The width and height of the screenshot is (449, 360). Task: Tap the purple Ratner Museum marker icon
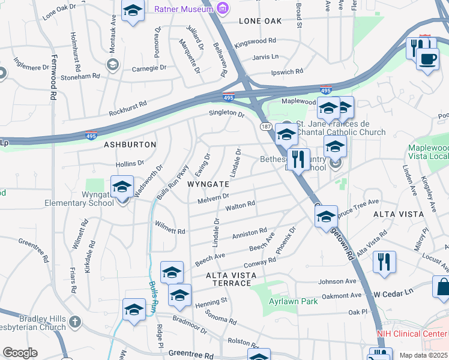pos(223,8)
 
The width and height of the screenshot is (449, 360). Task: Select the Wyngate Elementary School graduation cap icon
pos(122,187)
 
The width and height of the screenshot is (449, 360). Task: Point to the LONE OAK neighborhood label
pos(261,21)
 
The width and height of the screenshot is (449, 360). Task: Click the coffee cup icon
pos(427,59)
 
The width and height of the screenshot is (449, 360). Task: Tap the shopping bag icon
pos(443,287)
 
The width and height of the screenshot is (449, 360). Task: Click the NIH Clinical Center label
pos(412,334)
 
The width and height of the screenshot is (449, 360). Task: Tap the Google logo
pos(20,353)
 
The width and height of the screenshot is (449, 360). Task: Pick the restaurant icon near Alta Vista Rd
pos(384,262)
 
